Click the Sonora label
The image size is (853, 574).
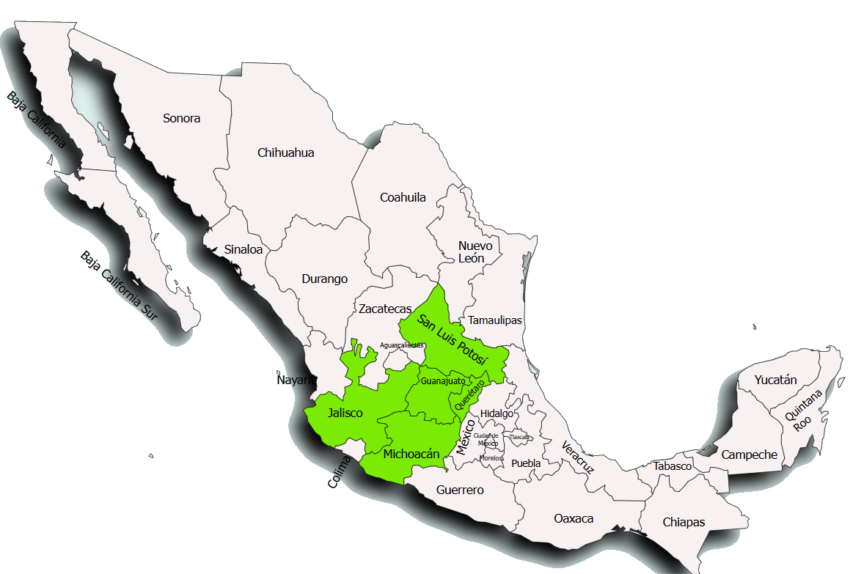(x=182, y=118)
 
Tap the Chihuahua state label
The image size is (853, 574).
(x=286, y=152)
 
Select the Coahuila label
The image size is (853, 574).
(x=403, y=197)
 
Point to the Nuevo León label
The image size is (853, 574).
(x=475, y=251)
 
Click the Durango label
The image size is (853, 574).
(x=324, y=279)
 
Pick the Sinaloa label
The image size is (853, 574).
(x=244, y=249)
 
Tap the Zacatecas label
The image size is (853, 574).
(x=385, y=309)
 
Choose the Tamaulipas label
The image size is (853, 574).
(x=495, y=320)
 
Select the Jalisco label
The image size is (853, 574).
(x=345, y=413)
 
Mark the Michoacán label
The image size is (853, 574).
(x=411, y=454)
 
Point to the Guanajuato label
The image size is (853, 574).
(x=443, y=381)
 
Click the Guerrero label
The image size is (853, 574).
(x=460, y=490)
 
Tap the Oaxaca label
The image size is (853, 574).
(x=574, y=518)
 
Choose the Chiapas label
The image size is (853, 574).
(x=684, y=522)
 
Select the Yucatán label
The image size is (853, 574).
(x=776, y=380)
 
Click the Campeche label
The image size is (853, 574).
(x=749, y=455)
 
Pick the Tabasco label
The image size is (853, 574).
(x=673, y=466)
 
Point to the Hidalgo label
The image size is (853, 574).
(x=497, y=413)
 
